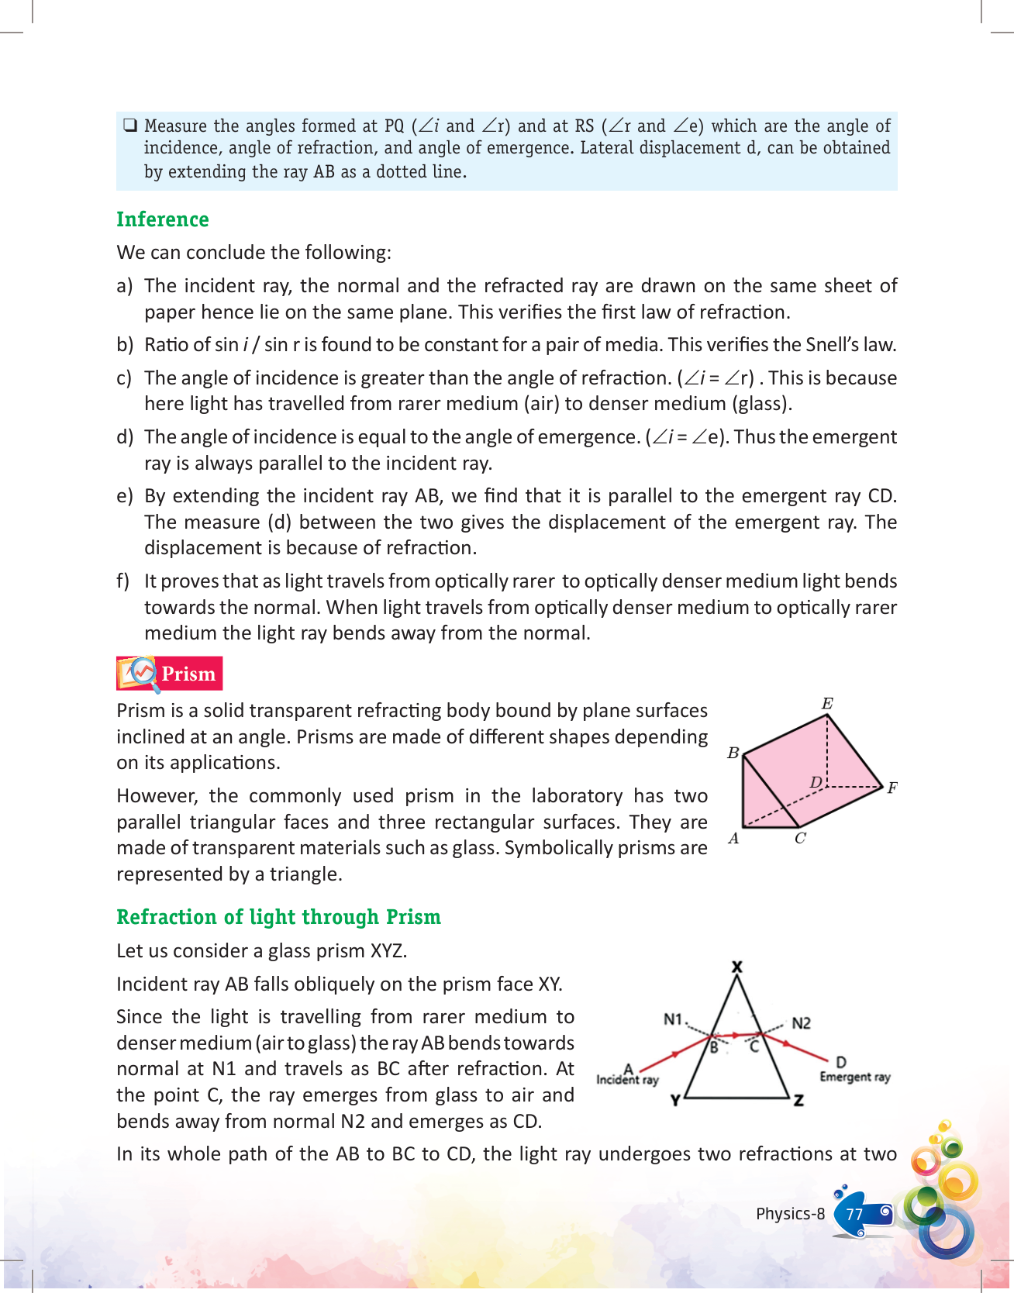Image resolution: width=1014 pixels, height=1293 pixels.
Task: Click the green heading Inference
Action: [x=162, y=219]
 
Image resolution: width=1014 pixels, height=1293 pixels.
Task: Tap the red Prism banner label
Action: [x=188, y=674]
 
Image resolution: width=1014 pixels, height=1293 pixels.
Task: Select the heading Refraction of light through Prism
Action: [x=278, y=917]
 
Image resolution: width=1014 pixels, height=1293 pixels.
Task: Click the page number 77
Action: [x=854, y=1214]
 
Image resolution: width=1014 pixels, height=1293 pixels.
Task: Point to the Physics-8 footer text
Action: [x=790, y=1214]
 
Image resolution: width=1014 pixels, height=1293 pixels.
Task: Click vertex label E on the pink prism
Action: [x=827, y=704]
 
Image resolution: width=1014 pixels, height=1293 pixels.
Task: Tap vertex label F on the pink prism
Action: [x=892, y=788]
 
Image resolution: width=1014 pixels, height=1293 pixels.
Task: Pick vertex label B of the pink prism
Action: [x=733, y=753]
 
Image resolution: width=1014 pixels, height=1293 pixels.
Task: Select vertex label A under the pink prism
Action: [x=733, y=838]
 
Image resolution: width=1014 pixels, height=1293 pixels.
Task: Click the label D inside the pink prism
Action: [x=816, y=782]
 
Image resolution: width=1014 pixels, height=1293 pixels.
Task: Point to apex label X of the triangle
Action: [x=737, y=967]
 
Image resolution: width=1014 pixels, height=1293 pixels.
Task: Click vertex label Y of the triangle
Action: [x=675, y=1100]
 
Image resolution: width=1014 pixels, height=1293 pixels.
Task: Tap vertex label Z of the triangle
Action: [x=798, y=1100]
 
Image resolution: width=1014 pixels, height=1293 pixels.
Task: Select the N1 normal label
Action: [x=672, y=1019]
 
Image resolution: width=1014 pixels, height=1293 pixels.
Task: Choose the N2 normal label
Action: [x=801, y=1023]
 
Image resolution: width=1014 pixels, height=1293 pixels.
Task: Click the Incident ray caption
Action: [x=627, y=1080]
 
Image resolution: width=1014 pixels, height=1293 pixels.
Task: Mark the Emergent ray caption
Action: [x=855, y=1077]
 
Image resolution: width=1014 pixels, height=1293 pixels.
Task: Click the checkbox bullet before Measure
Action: [x=129, y=125]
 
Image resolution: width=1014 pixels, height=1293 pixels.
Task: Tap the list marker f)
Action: [x=123, y=581]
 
